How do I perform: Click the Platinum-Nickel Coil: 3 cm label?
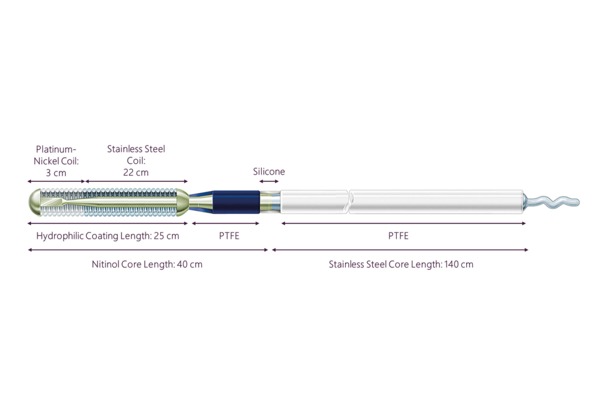tap(56, 161)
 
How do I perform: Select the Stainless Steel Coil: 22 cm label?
tap(136, 160)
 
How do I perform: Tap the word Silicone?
tap(269, 171)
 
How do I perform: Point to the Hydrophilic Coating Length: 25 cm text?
tap(108, 236)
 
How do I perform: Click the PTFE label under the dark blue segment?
tap(229, 236)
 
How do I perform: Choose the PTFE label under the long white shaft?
tap(398, 236)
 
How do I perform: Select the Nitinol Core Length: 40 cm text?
tap(147, 264)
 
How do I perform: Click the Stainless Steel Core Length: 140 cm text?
tap(401, 264)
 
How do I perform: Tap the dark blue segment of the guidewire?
tap(236, 202)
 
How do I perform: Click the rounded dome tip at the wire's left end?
tap(34, 202)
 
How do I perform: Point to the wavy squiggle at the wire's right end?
tap(552, 201)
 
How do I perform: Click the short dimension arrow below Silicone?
tap(269, 181)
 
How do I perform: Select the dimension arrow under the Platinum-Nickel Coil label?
tap(56, 181)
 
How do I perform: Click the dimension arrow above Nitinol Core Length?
tap(148, 250)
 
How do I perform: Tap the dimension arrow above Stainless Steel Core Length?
tap(400, 250)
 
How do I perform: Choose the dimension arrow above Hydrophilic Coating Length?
tap(108, 223)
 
